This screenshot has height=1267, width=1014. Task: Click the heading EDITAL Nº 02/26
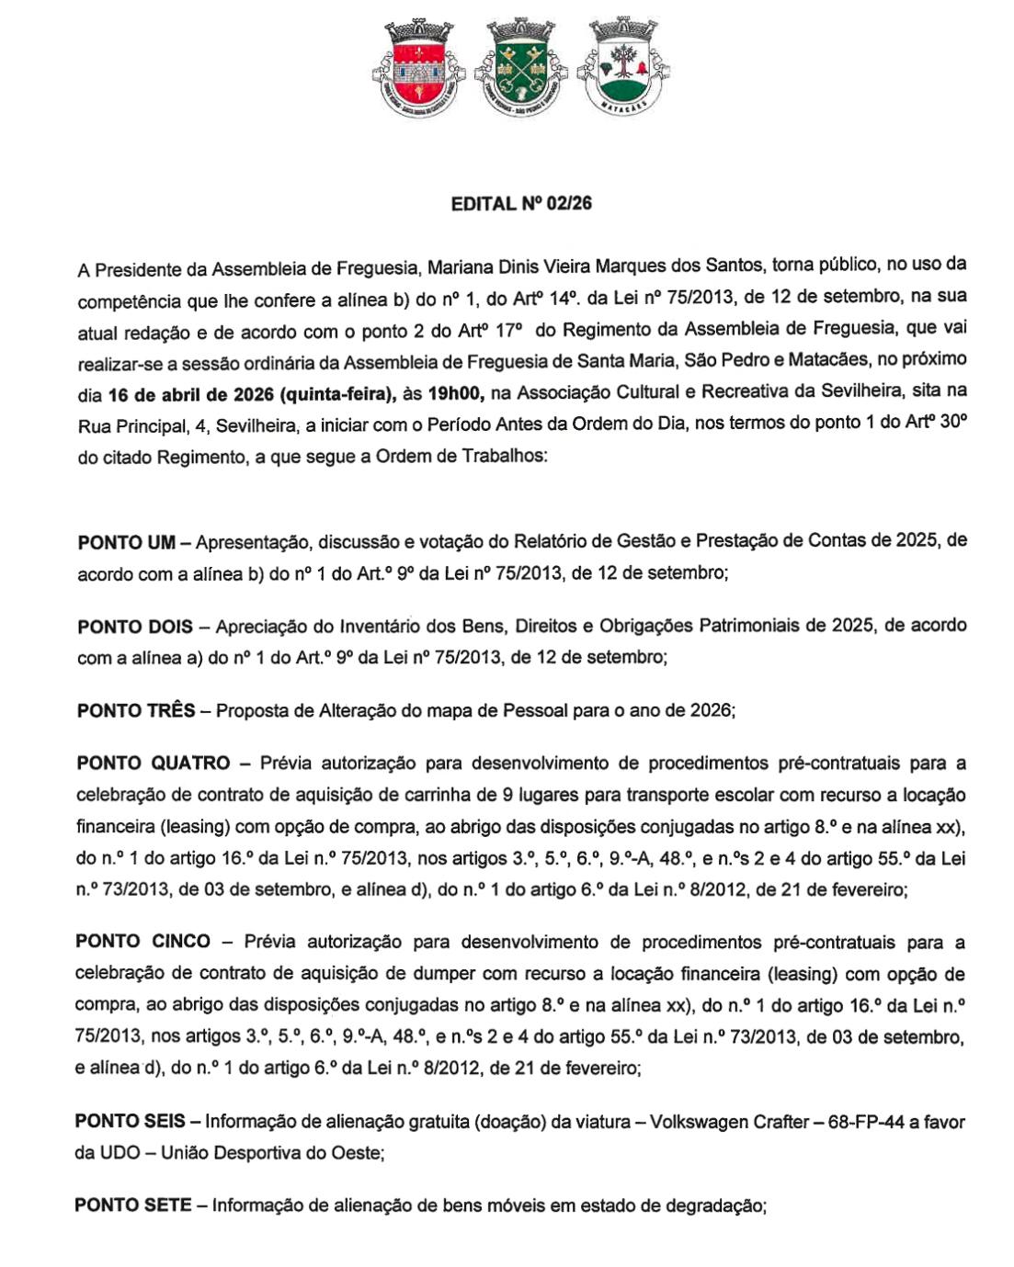pos(521,204)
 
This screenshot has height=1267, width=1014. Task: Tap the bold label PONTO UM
pos(126,542)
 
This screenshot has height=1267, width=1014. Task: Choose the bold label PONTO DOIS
pos(135,627)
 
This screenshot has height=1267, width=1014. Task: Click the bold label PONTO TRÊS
pos(136,710)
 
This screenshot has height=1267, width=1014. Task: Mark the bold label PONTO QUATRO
pos(154,763)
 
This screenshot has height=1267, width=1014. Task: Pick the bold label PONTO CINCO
pos(142,942)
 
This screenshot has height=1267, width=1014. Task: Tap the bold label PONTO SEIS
pos(130,1121)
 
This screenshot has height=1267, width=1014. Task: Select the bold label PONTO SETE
pos(132,1205)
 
